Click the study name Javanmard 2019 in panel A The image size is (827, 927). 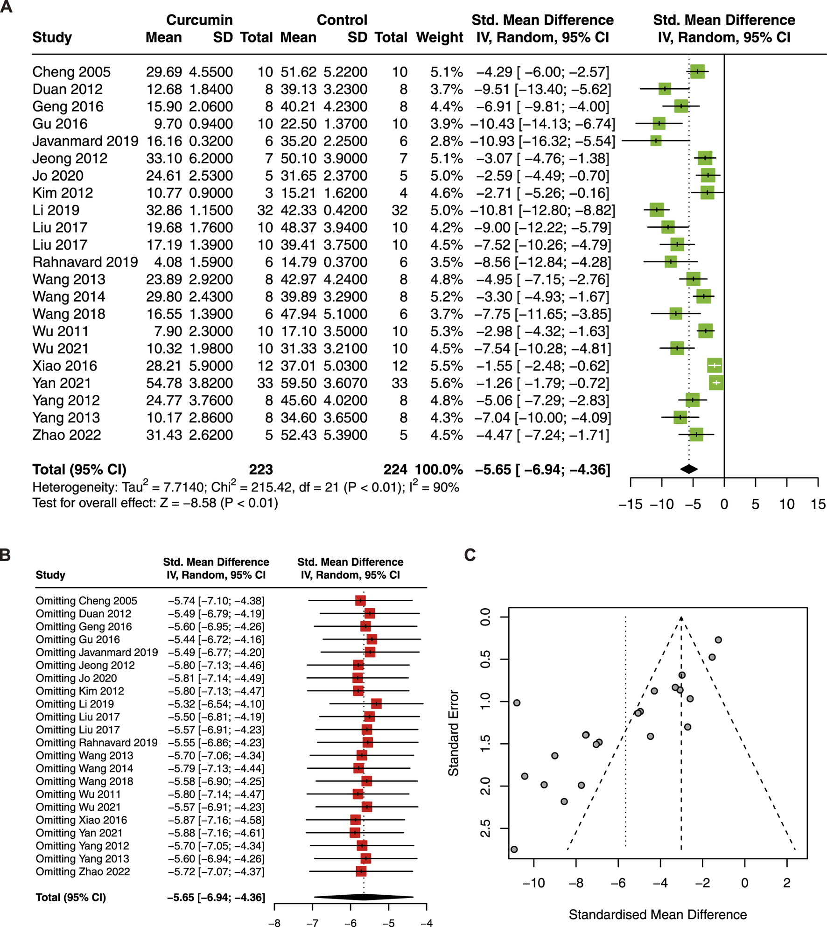click(85, 141)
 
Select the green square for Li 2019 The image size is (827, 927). click(656, 210)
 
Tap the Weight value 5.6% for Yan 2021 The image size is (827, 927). click(447, 383)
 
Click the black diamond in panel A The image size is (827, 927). click(689, 469)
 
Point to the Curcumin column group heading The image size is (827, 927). click(199, 20)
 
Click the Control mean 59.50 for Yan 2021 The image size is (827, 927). click(298, 383)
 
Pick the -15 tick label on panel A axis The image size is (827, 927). click(630, 504)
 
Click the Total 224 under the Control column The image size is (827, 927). click(395, 470)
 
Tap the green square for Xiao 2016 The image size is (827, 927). click(715, 365)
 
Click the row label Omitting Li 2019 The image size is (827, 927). click(75, 704)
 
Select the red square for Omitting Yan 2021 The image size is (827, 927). click(355, 833)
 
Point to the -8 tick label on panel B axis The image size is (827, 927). click(274, 922)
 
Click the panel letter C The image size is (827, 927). click(470, 555)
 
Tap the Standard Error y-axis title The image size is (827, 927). click(453, 733)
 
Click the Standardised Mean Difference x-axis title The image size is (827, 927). click(658, 914)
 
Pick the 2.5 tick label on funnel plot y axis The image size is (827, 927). click(485, 829)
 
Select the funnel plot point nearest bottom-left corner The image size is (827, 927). click(514, 849)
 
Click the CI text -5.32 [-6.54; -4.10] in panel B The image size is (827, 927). click(216, 704)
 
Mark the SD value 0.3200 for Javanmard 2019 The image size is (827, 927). click(210, 141)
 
